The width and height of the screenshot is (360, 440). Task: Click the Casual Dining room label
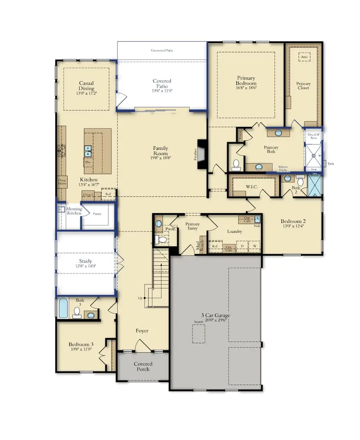[86, 86]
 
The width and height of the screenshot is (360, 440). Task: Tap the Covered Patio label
[162, 84]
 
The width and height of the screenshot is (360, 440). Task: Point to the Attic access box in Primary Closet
[304, 57]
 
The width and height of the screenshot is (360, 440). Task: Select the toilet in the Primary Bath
[236, 164]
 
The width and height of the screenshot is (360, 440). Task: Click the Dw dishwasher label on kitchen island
[88, 162]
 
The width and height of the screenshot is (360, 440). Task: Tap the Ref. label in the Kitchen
[108, 194]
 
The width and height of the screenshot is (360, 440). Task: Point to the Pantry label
[97, 214]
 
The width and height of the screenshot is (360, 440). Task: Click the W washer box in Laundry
[254, 246]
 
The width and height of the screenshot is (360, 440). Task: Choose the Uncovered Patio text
[162, 51]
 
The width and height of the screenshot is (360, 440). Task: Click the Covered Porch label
[143, 366]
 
